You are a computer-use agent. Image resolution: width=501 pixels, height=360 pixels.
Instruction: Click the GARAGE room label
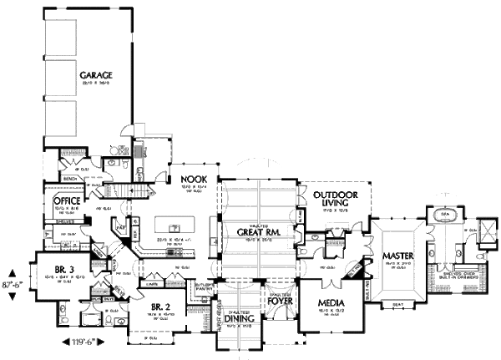(96, 74)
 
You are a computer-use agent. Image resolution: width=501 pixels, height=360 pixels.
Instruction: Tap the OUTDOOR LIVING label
(337, 200)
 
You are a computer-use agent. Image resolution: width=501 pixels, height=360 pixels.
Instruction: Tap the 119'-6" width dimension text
(80, 342)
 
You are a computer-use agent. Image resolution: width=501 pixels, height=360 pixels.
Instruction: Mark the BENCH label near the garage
(71, 178)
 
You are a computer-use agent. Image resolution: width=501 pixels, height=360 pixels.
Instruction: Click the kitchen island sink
(174, 226)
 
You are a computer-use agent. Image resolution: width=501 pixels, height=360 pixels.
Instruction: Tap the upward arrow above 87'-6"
(15, 271)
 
